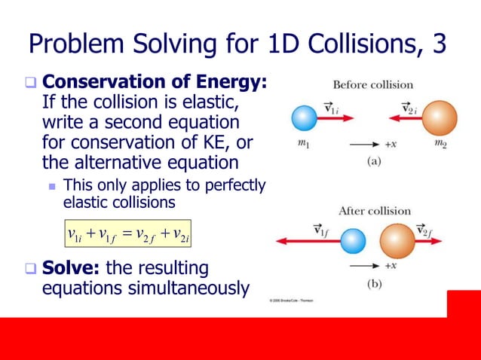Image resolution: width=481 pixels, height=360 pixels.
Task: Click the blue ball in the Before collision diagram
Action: tap(305, 120)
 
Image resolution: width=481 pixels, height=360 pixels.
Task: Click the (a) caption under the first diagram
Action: tap(373, 160)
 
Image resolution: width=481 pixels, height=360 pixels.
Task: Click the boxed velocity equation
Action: tap(127, 234)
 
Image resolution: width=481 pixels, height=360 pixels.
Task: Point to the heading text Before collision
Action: tap(373, 84)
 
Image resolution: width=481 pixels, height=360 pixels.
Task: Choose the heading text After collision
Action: tap(374, 211)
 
